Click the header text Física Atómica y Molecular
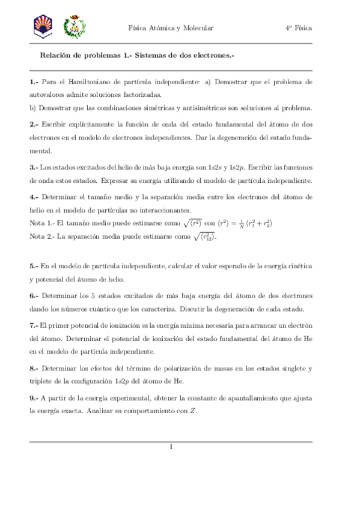(171, 28)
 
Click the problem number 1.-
(34, 81)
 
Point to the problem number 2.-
(34, 124)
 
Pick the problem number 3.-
(34, 167)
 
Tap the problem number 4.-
(34, 196)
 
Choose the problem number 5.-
(34, 265)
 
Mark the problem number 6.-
(34, 295)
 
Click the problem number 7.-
(34, 324)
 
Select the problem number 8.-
(34, 367)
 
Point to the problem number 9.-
(34, 398)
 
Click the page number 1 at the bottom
(171, 446)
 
